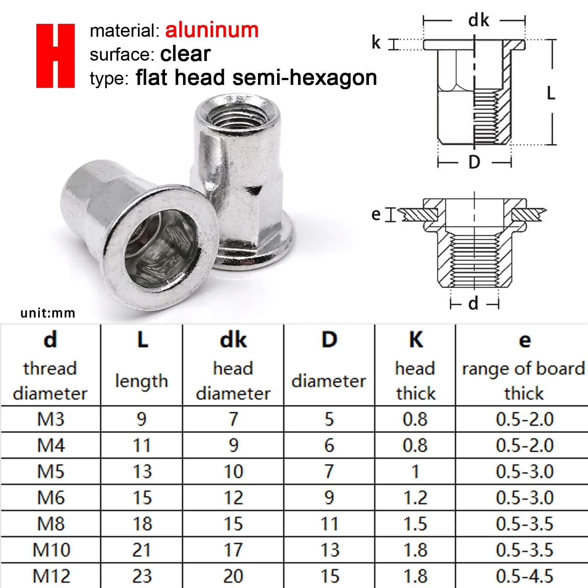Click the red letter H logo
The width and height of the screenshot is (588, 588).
(x=55, y=56)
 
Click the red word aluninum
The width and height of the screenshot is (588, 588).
(x=212, y=30)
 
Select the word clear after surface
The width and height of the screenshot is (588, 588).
(x=185, y=54)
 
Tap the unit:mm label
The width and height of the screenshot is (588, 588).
(x=48, y=313)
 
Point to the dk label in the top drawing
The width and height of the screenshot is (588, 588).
(x=478, y=20)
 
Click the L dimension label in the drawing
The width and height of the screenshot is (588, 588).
(x=551, y=93)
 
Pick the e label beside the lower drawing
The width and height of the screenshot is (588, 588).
(x=376, y=214)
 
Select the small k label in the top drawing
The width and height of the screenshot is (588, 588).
(x=376, y=42)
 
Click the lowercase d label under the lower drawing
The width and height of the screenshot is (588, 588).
(x=473, y=304)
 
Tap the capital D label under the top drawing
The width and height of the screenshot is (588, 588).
(x=474, y=162)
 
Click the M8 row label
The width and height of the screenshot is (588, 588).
(x=51, y=524)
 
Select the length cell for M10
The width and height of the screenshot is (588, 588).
(x=141, y=550)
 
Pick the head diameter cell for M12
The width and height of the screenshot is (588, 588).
(x=233, y=576)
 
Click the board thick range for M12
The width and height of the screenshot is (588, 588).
(x=524, y=576)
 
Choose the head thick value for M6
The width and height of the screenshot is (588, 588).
(x=415, y=498)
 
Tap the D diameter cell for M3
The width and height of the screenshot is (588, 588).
(x=329, y=419)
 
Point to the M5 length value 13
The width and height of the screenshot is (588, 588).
(x=142, y=472)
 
